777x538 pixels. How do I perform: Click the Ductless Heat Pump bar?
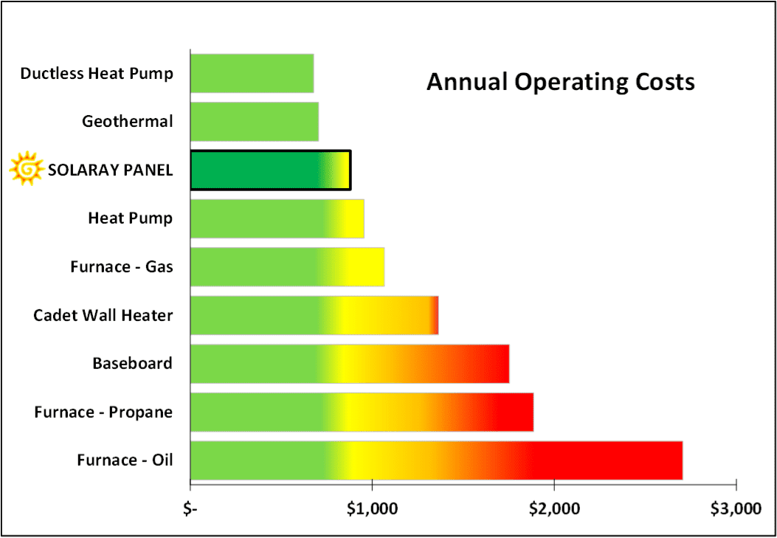click(252, 73)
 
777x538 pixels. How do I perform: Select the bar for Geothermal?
click(255, 121)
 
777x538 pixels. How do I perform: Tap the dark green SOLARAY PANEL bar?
click(270, 170)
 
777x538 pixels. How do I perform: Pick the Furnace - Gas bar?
click(287, 266)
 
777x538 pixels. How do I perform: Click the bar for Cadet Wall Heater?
click(314, 315)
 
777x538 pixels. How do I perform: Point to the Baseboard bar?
click(350, 364)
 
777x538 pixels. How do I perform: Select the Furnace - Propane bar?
click(362, 412)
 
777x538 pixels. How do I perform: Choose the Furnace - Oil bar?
click(436, 461)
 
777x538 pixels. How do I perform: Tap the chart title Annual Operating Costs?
click(561, 81)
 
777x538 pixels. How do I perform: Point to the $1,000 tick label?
click(372, 508)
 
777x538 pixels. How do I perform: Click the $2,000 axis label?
click(553, 508)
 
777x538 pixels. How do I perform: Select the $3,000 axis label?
click(735, 508)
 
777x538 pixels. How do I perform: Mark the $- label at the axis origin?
click(191, 508)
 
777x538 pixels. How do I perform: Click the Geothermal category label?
click(128, 121)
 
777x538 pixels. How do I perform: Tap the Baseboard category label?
click(132, 363)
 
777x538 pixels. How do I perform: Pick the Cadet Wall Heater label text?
click(103, 315)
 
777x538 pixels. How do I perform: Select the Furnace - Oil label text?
click(125, 461)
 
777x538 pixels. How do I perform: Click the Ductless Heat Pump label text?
click(97, 73)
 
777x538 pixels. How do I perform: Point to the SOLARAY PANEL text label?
click(110, 170)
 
